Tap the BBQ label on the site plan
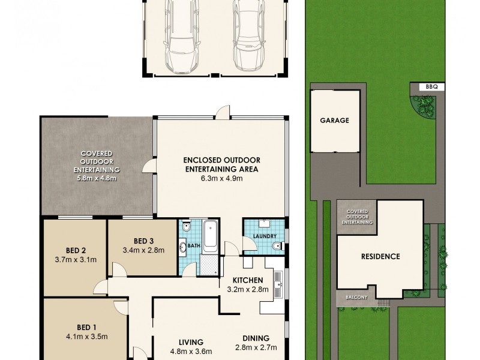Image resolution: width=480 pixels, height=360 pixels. coord(431,87)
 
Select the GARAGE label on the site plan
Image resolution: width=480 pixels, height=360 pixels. coord(334,120)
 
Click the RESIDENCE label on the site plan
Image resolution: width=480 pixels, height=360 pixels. coord(380,256)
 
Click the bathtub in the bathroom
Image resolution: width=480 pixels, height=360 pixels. coord(211,237)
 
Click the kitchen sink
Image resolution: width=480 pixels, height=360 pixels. coord(278,285)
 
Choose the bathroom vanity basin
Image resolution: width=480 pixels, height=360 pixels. coord(183,247)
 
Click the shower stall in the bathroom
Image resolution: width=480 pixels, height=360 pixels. coord(208,264)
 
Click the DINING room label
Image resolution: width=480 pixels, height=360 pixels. coord(256,338)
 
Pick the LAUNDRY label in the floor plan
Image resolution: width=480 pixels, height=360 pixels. coord(263,235)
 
